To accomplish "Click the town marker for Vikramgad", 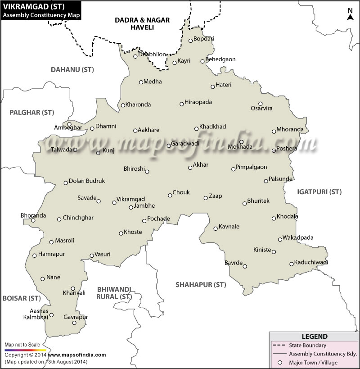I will tap(114, 203).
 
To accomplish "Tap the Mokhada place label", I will tap(240, 147).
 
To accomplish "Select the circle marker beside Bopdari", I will tap(190, 41).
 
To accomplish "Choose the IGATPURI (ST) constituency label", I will tap(319, 192).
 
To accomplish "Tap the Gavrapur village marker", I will tap(74, 323).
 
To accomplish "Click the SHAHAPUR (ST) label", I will tap(200, 284).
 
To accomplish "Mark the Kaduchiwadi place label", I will tap(311, 262).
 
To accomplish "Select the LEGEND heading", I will tap(314, 337).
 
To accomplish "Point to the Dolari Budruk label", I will tap(87, 181).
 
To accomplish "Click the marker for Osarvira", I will tap(260, 104).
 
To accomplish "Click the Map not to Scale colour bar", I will tap(25, 350).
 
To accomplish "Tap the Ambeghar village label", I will tap(68, 128).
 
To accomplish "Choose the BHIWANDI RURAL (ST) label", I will tap(114, 293).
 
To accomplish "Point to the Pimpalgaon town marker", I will tap(233, 169).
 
